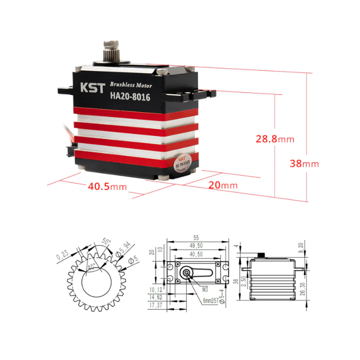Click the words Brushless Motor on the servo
(131, 85)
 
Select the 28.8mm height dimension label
(275, 139)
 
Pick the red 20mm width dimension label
(222, 185)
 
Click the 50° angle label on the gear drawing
(106, 242)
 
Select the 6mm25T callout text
(211, 301)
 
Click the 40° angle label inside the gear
(91, 266)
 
